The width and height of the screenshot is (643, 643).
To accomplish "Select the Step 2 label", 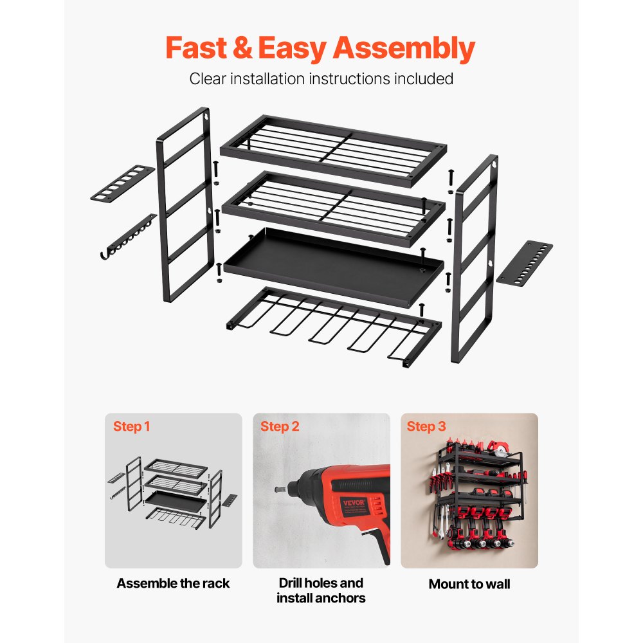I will tap(280, 426).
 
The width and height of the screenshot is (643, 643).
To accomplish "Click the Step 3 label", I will tap(426, 426).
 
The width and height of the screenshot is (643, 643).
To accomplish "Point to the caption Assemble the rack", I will tap(173, 583).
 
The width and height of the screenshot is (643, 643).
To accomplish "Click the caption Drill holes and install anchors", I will tap(321, 590).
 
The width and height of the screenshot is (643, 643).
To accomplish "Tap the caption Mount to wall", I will tap(469, 584).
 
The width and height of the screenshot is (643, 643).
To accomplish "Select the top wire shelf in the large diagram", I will tap(332, 150).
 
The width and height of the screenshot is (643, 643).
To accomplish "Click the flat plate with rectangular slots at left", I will tap(122, 183).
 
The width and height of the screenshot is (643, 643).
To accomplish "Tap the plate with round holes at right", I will tap(525, 262).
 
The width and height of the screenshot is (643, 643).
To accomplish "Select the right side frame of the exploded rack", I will tap(475, 257).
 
